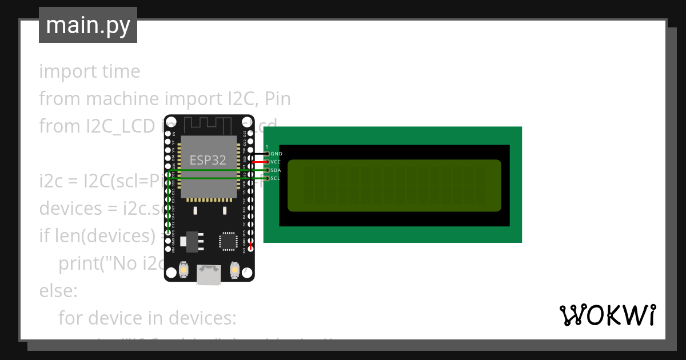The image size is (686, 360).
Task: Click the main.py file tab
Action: tap(87, 25)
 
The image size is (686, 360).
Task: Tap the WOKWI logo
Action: tap(607, 315)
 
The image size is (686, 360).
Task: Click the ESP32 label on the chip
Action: tap(208, 160)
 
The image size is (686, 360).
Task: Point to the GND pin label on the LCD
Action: tap(277, 154)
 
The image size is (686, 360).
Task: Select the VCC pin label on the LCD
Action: tap(276, 162)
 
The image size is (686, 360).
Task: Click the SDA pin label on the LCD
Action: tap(276, 170)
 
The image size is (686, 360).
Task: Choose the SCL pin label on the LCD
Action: tap(276, 178)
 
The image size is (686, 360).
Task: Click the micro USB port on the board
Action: tap(209, 274)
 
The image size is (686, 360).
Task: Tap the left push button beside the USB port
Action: tap(184, 269)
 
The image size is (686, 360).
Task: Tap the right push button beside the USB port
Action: tap(234, 269)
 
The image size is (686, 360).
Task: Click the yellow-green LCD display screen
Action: tap(394, 186)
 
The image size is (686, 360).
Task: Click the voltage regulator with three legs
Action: tap(192, 241)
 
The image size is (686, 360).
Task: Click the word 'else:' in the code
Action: tap(58, 291)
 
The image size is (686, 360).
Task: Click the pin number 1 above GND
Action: tap(266, 147)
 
